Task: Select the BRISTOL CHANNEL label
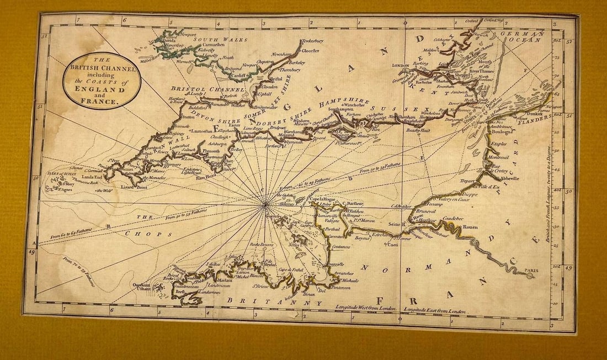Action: [207, 89]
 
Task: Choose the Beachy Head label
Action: [418, 130]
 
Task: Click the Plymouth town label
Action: [211, 151]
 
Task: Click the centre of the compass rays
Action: [265, 204]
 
